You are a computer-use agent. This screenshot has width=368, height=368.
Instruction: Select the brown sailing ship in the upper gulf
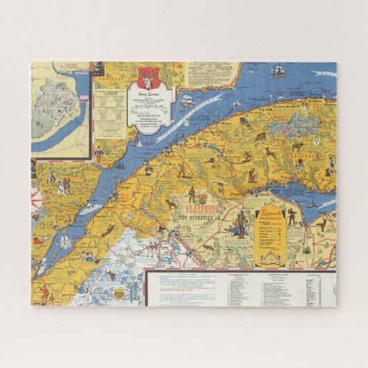point(277,72)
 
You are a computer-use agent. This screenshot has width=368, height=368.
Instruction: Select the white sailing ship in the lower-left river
point(64,242)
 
